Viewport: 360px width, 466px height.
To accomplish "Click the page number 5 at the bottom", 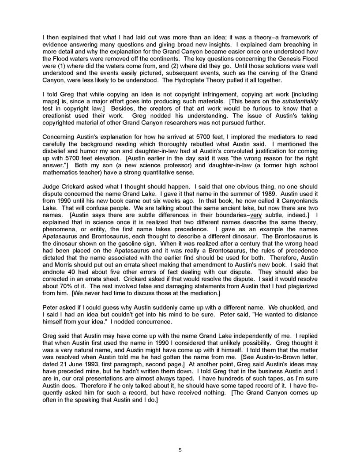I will pos(180,450).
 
